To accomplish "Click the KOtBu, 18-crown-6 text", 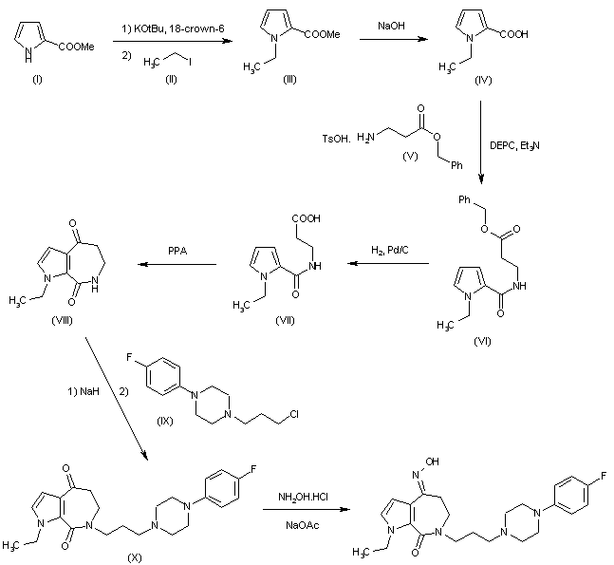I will click(x=169, y=32).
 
